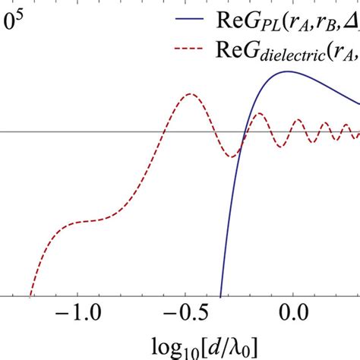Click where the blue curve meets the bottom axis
[x=220, y=295]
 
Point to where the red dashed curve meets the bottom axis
[x=30, y=295]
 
